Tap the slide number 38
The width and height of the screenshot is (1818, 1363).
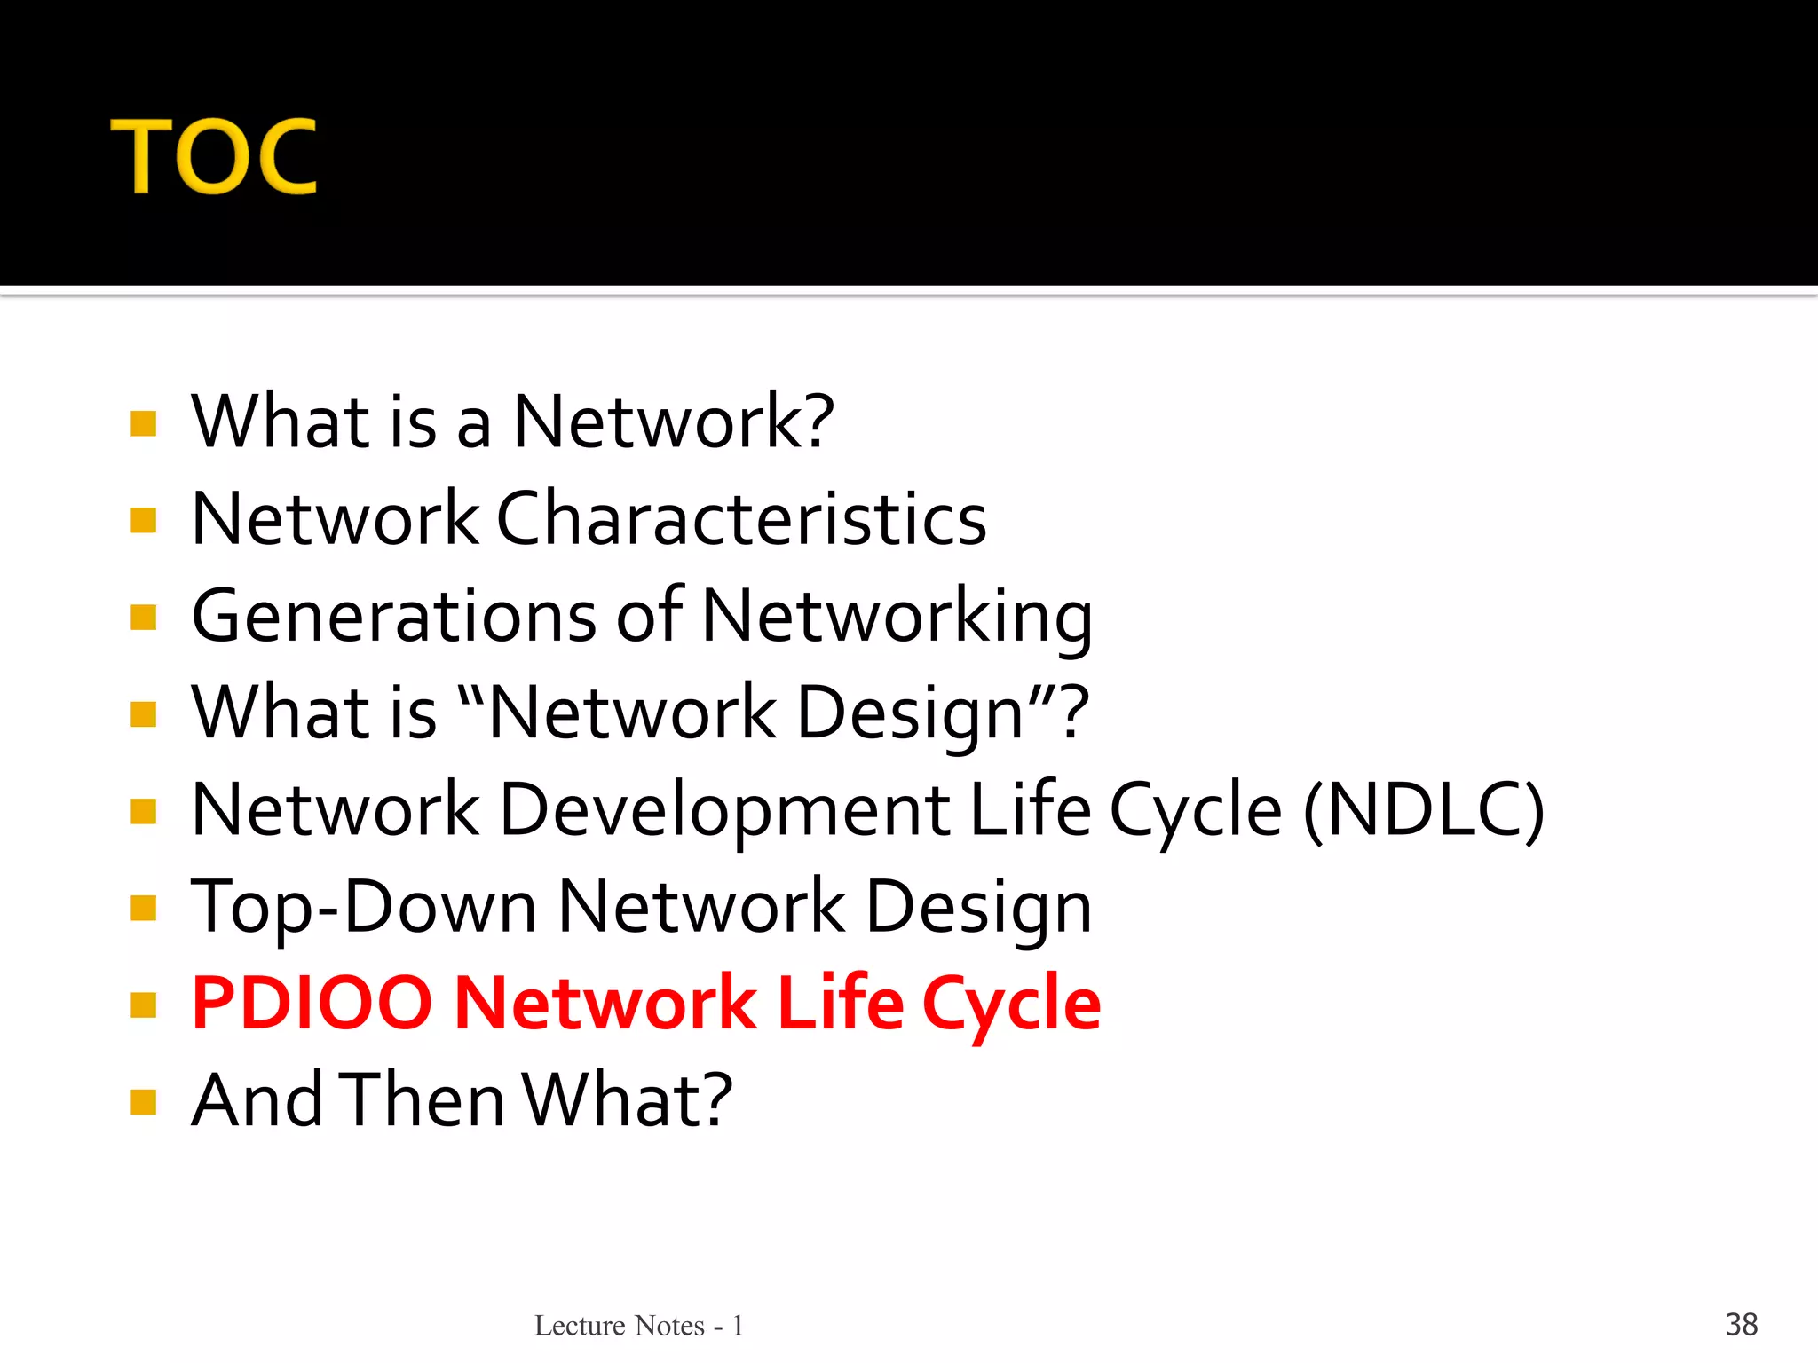[1741, 1324]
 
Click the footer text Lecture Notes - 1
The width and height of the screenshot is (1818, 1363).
[638, 1325]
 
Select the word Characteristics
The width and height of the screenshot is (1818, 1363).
[741, 518]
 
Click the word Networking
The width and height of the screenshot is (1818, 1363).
[897, 616]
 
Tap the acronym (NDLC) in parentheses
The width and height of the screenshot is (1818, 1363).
[1424, 809]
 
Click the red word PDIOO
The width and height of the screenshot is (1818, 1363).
[312, 1004]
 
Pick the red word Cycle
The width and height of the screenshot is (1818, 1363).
[1012, 1004]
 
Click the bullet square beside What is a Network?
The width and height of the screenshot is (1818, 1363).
[143, 423]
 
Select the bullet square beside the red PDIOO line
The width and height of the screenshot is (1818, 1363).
[143, 1005]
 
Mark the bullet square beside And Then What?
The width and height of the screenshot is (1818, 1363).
[143, 1102]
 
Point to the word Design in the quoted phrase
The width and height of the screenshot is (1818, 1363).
[911, 713]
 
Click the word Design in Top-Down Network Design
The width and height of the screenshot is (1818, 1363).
[978, 907]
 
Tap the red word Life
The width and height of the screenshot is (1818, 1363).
[840, 1004]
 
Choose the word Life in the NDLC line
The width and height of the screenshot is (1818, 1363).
[1030, 809]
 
